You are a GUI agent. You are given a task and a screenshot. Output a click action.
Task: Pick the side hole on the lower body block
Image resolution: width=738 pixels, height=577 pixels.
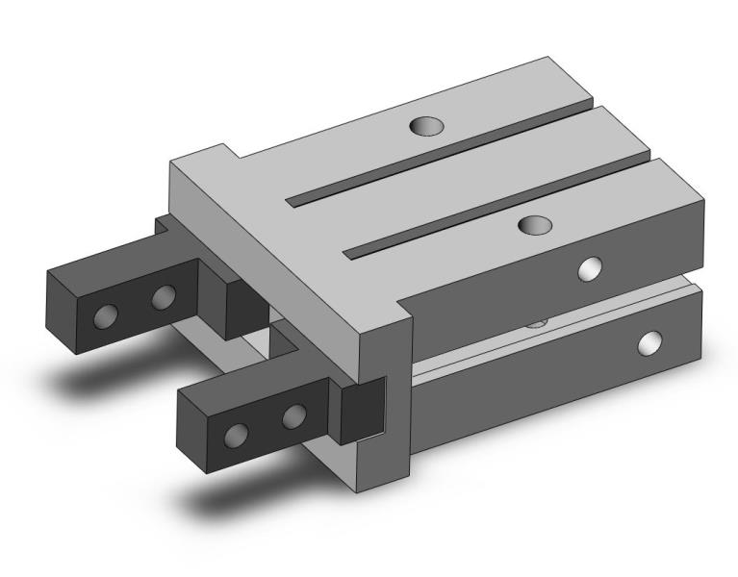click(651, 341)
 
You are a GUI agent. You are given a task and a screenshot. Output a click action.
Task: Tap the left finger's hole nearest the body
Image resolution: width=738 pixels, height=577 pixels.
click(164, 296)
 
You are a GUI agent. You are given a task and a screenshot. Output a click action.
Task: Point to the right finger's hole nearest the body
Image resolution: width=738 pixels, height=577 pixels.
click(293, 416)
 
